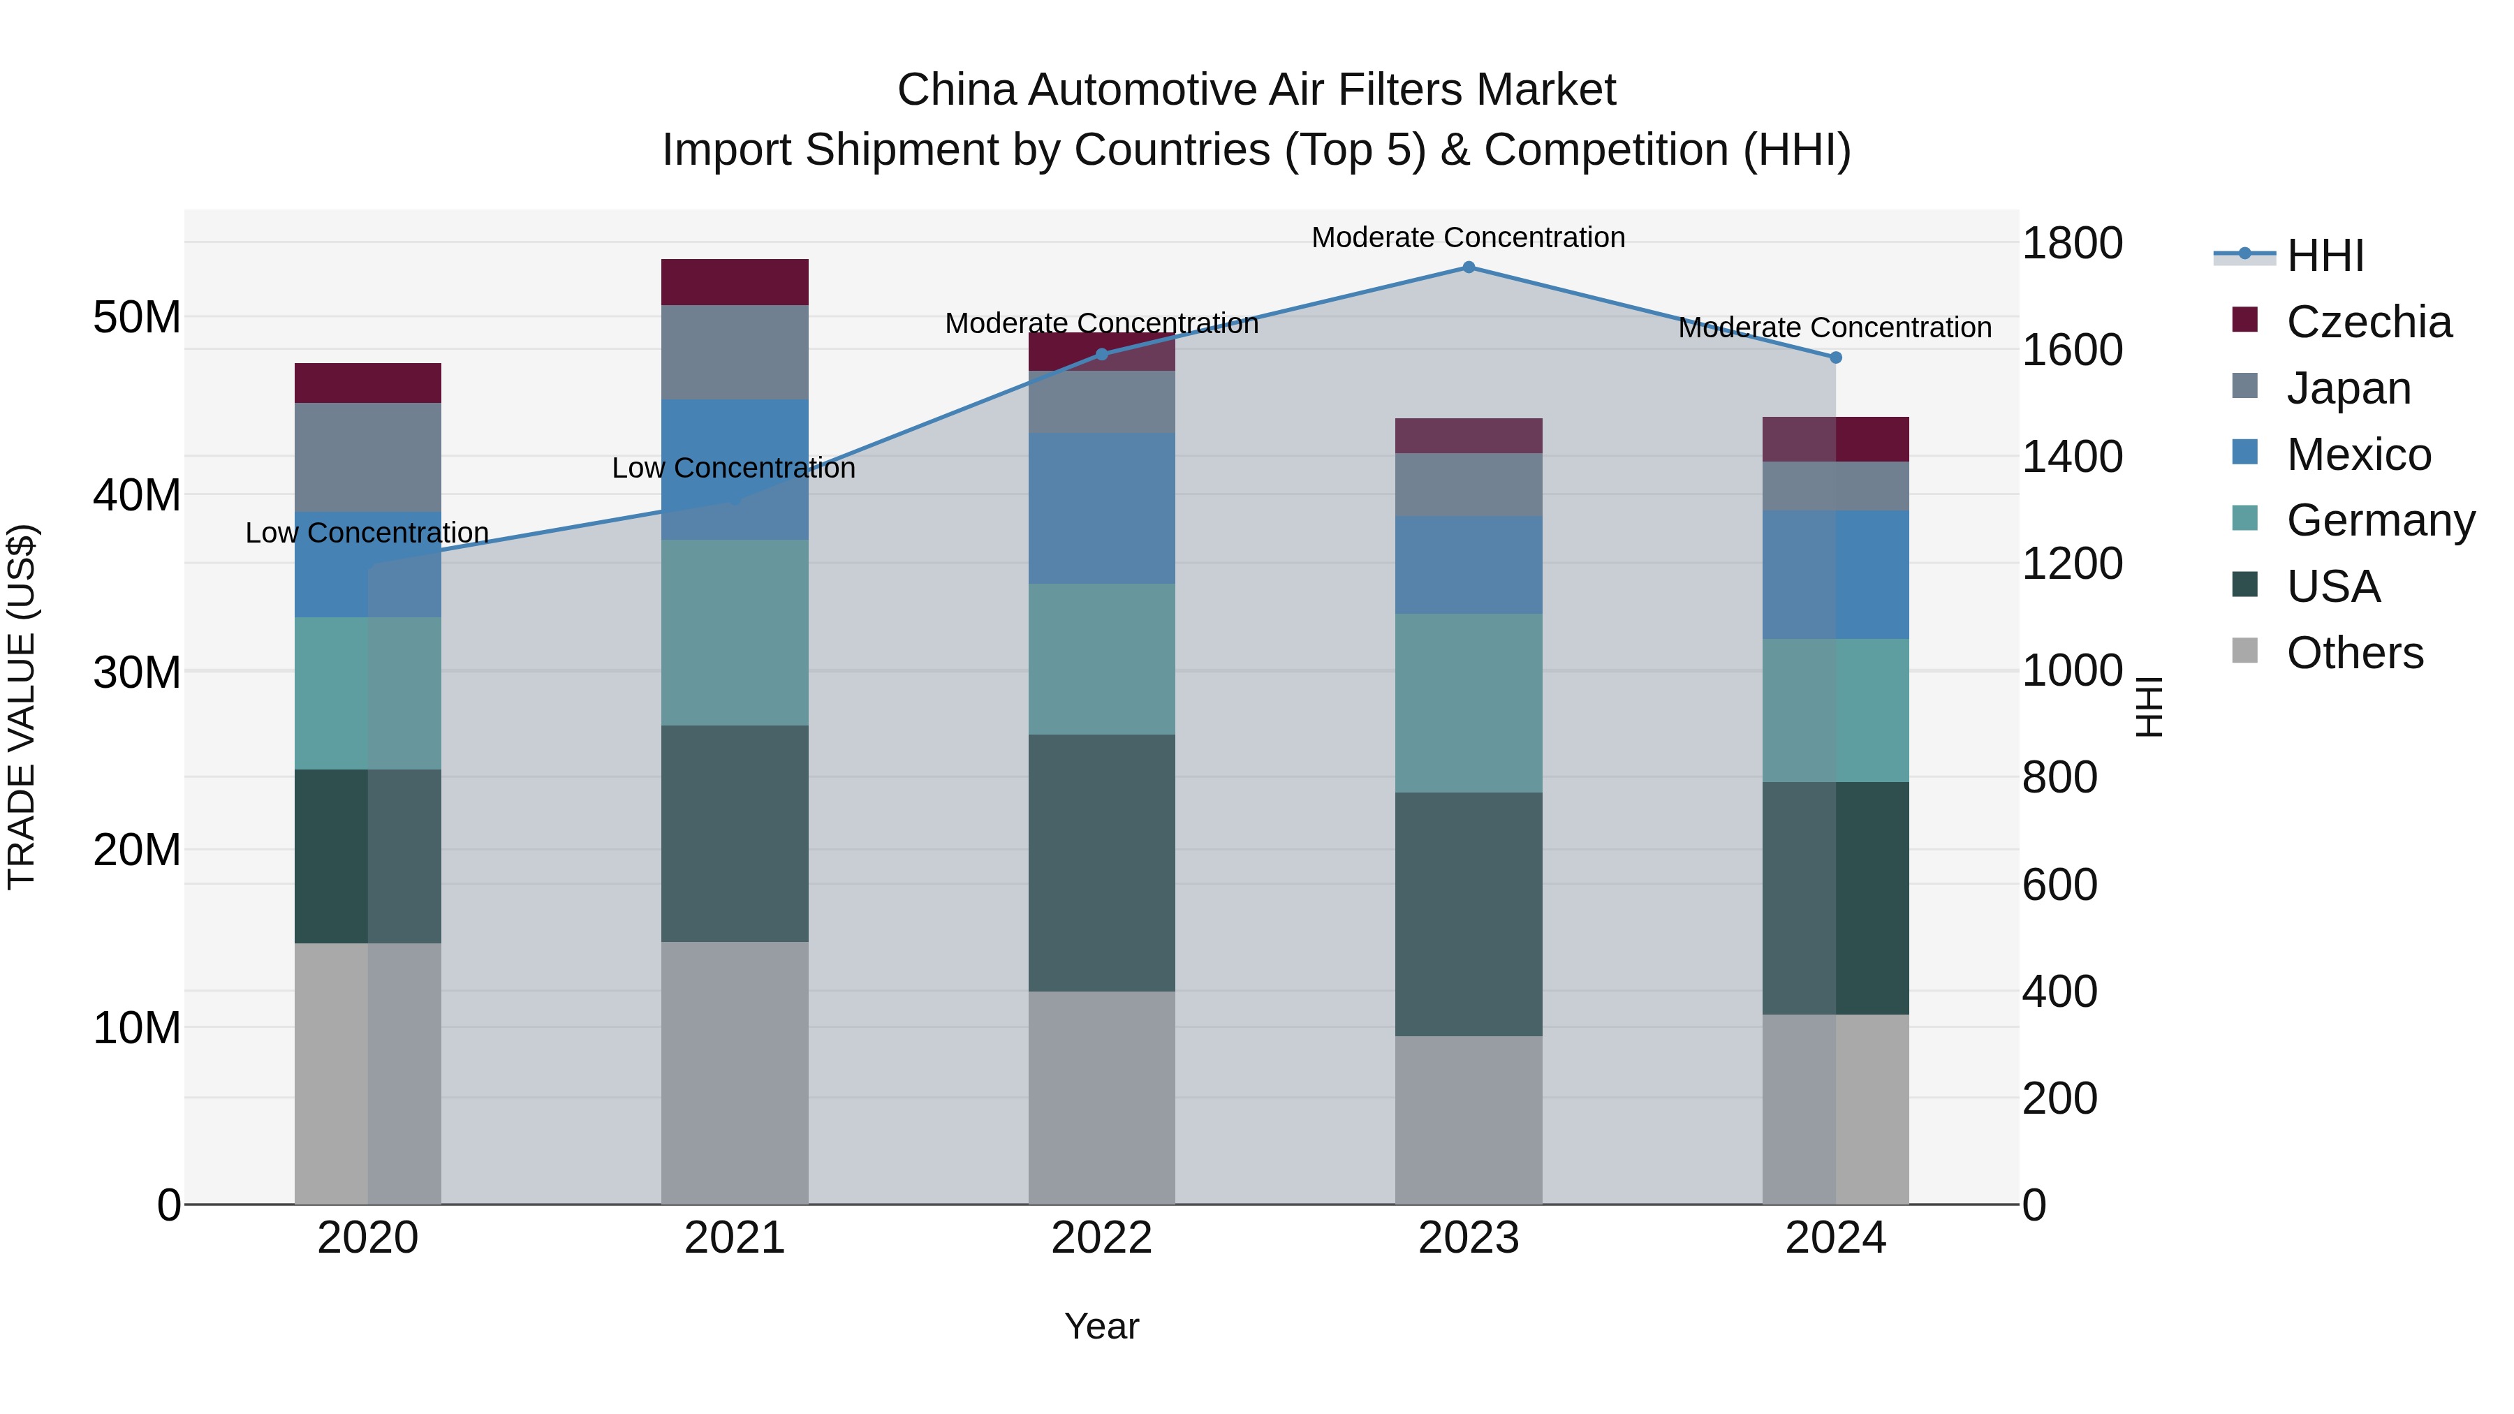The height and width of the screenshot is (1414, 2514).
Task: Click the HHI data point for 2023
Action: click(x=1468, y=267)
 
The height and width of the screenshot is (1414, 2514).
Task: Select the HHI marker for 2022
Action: click(x=1102, y=354)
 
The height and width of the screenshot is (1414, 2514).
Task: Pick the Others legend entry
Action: click(x=2354, y=653)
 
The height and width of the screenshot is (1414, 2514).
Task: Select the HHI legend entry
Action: click(x=2325, y=256)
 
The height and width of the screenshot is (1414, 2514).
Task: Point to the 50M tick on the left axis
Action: click(x=137, y=318)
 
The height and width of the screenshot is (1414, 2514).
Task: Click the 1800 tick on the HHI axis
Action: click(x=2071, y=243)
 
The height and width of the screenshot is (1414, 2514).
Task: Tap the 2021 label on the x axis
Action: click(x=735, y=1238)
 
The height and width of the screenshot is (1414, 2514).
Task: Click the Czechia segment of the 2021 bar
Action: click(x=735, y=282)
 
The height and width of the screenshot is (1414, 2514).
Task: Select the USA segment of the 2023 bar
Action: click(x=1468, y=913)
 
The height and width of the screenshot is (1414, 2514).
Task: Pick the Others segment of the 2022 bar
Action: click(x=1102, y=1097)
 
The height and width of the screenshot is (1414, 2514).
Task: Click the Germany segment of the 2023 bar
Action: click(x=1468, y=702)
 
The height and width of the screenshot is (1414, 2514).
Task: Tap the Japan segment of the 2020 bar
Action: click(x=368, y=457)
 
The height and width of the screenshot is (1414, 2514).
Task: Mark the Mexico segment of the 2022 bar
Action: click(x=1102, y=508)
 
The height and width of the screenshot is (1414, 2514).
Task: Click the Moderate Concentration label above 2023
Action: click(x=1468, y=237)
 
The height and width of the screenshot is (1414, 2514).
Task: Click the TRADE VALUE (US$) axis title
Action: click(x=22, y=707)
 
